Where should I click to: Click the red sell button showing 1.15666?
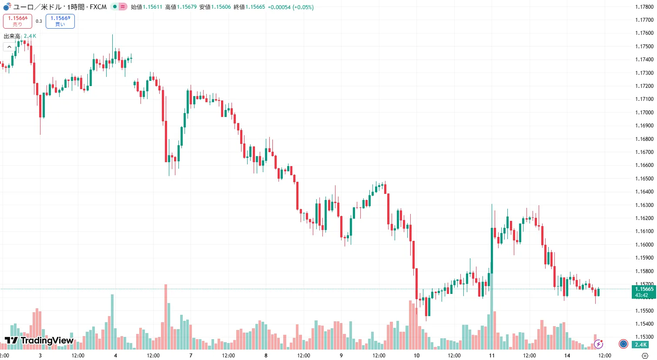point(17,21)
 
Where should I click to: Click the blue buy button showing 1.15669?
point(60,21)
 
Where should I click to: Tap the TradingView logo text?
point(40,340)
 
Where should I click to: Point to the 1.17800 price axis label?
point(644,7)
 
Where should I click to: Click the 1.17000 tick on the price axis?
point(644,113)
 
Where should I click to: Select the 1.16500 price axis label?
point(644,179)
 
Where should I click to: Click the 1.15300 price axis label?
point(644,337)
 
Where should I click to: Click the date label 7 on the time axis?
point(191,356)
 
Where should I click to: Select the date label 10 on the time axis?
point(416,356)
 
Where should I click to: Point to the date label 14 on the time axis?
point(567,356)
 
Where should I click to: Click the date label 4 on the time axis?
point(115,356)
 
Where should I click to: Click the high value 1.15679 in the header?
point(187,7)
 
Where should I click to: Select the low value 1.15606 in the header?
point(221,7)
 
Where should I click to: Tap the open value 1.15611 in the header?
point(152,7)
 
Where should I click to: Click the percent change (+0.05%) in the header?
point(303,7)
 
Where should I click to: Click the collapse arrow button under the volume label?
point(9,47)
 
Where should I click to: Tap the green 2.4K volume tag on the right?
point(640,345)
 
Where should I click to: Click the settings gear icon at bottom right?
point(645,356)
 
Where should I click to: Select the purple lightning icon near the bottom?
point(599,344)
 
